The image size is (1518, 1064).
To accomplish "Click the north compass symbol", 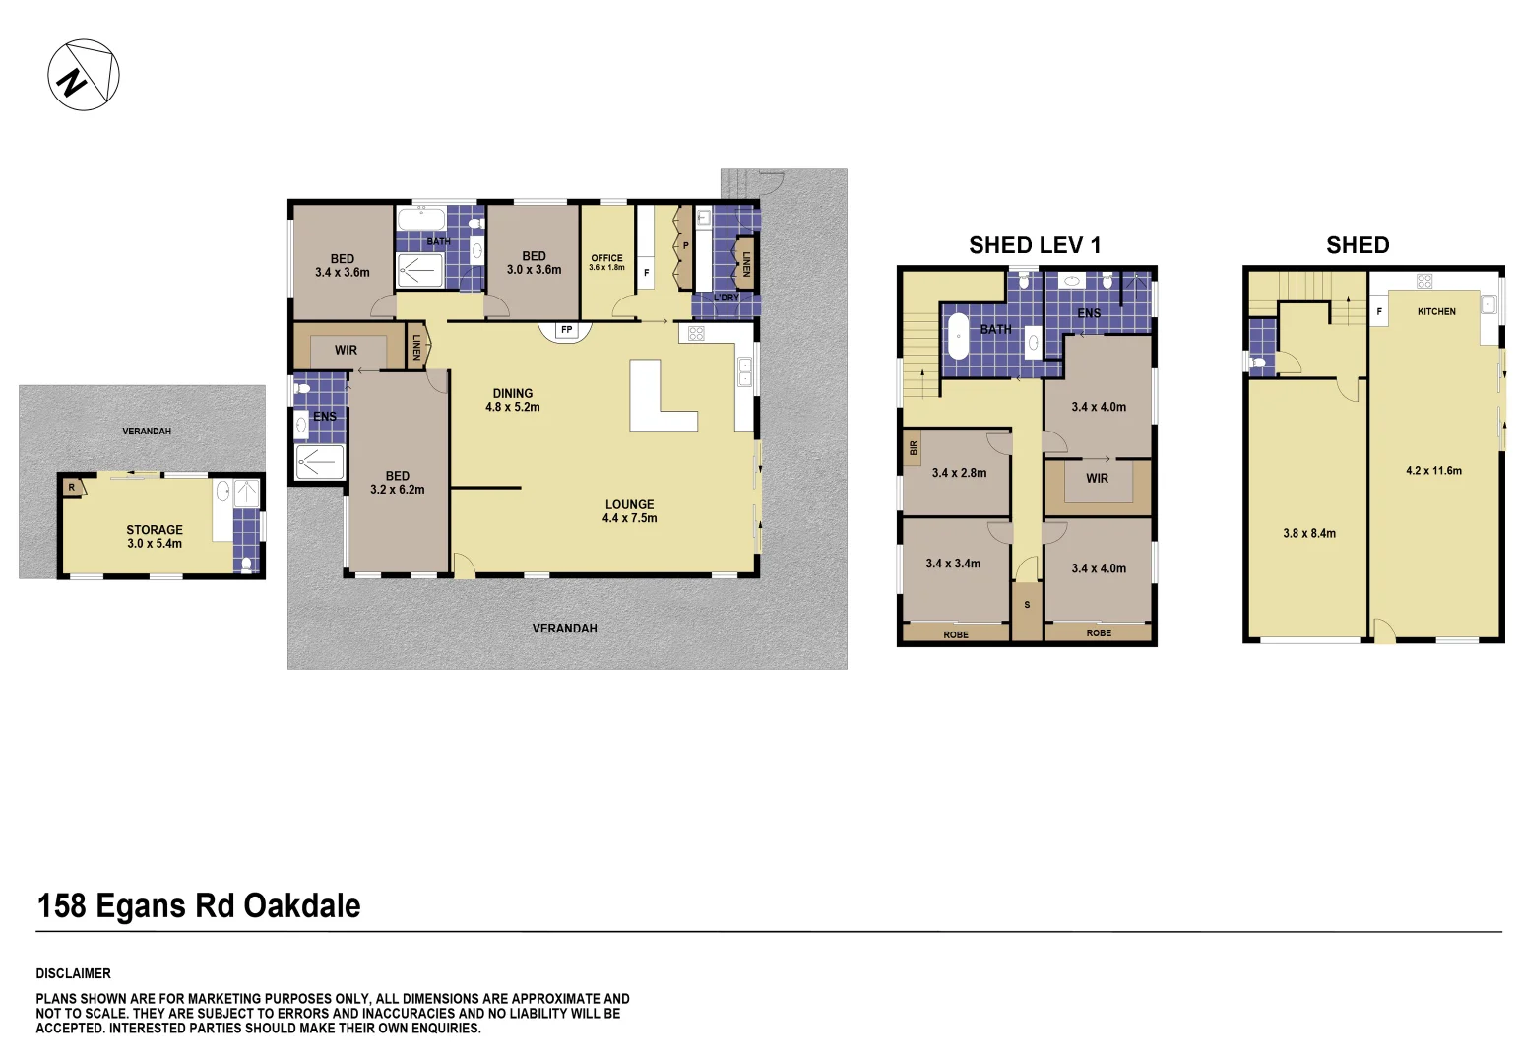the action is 84,75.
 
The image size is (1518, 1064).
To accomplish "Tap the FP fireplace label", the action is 566,330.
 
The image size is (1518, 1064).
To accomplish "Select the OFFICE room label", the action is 606,258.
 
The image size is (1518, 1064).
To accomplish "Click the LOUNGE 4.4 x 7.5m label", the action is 630,511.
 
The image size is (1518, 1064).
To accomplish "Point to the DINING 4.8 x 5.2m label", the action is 512,400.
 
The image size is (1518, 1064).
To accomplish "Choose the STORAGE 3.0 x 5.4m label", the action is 155,536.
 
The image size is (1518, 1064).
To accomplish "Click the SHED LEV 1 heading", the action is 1035,245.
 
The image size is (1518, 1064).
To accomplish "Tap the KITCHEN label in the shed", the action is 1436,312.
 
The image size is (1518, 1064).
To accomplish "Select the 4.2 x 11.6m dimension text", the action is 1434,471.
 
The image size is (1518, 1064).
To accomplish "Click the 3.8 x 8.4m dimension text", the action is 1309,534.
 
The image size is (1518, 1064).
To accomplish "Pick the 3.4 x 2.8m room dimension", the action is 959,473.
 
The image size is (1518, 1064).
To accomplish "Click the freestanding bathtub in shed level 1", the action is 957,336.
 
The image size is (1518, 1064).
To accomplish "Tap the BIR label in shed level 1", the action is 914,448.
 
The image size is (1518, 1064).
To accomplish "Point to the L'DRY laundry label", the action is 726,298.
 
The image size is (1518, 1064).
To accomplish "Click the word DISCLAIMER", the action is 73,973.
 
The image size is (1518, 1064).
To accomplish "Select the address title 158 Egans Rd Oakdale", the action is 199,906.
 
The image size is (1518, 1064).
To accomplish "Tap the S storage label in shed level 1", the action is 1027,605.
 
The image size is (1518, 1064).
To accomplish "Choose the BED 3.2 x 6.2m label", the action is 397,483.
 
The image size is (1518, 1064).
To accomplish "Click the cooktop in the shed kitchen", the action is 1423,281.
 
